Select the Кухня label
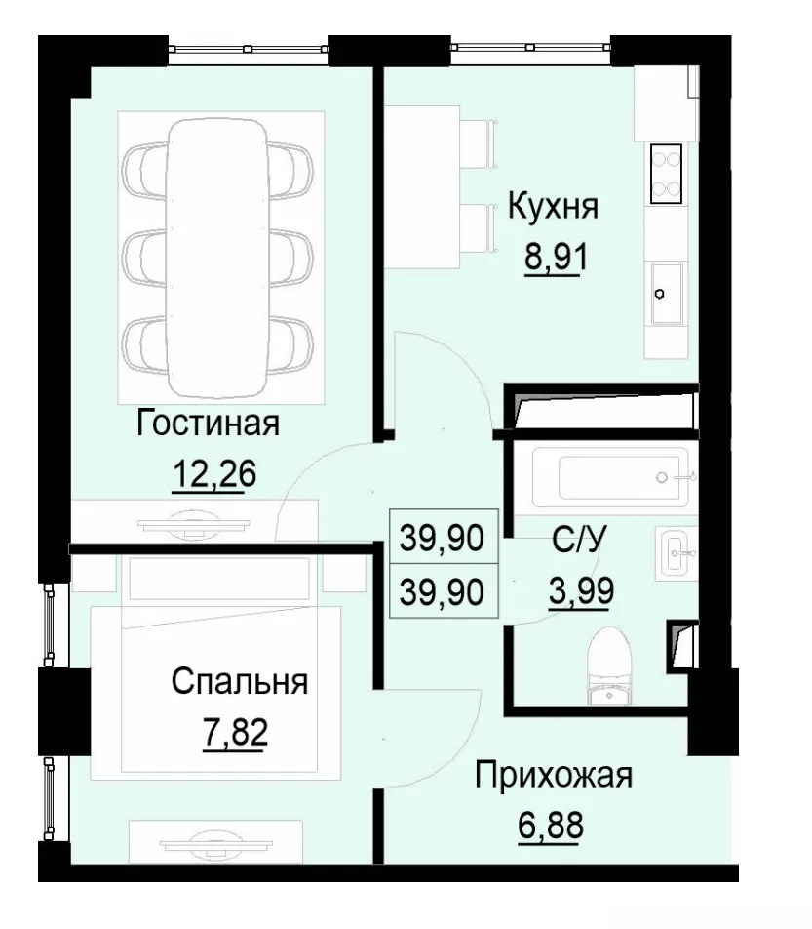click(554, 207)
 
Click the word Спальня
click(239, 680)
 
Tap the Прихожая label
click(554, 777)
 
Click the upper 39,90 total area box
click(444, 537)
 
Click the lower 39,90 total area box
click(444, 591)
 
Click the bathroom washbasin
click(676, 553)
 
